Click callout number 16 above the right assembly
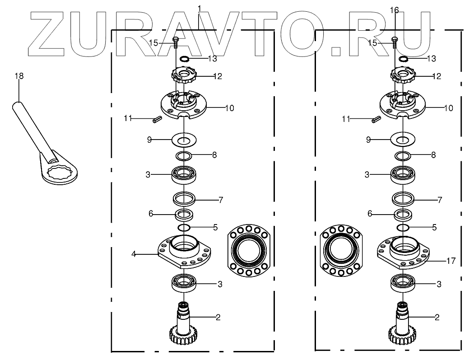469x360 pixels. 394,10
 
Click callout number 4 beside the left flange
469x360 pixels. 134,254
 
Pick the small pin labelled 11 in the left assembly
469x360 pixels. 157,119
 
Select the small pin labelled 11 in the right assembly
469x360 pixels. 376,119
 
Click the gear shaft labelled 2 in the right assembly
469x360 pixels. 402,323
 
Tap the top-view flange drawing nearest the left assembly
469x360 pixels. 249,250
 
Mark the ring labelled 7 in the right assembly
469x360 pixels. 403,198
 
